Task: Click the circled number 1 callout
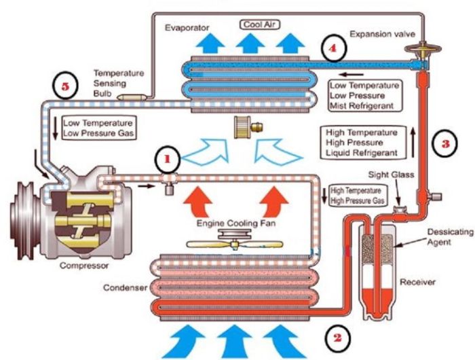tap(168, 160)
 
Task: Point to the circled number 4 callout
tap(332, 48)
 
